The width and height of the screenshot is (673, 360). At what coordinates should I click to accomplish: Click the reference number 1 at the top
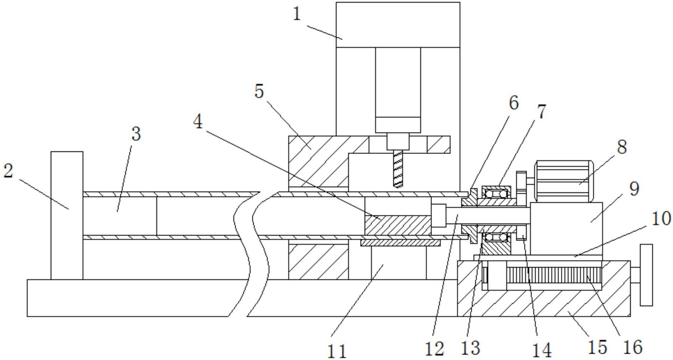(x=297, y=14)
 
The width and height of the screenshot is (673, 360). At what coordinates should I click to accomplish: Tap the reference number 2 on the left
(x=8, y=171)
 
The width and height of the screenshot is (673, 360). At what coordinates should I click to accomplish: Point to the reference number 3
(x=136, y=134)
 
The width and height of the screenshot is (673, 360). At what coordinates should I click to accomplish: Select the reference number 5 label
(x=259, y=91)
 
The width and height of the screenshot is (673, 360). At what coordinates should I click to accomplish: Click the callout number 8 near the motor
(x=622, y=147)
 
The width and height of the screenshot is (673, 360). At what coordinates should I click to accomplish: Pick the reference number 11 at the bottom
(x=337, y=351)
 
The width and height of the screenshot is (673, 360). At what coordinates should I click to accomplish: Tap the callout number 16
(x=633, y=347)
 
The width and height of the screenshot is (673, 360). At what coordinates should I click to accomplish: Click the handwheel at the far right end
(x=646, y=275)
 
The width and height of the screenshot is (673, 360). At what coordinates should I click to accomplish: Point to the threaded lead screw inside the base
(x=554, y=275)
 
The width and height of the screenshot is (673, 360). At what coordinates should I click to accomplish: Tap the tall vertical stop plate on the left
(x=67, y=215)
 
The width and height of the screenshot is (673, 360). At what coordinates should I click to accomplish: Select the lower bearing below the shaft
(x=495, y=237)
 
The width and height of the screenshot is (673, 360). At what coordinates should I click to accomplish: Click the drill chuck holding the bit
(x=398, y=142)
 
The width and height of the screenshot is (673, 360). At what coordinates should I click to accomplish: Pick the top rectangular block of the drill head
(x=398, y=25)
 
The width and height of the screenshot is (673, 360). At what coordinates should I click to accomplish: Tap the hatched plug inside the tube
(x=398, y=225)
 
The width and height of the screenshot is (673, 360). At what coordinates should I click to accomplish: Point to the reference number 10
(x=661, y=218)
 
